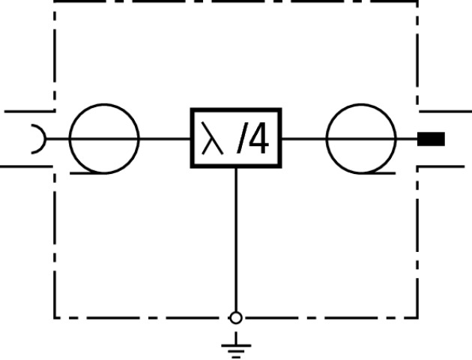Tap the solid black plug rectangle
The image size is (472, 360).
coord(431,139)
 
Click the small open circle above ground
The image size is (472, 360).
coord(236,318)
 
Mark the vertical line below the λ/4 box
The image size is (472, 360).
coord(236,240)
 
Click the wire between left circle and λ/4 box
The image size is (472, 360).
coord(165,139)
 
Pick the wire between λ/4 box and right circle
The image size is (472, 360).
coord(303,139)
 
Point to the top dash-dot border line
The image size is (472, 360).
coord(236,2)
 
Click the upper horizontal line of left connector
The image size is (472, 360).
coord(26,111)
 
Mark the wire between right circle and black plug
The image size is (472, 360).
coord(407,139)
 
